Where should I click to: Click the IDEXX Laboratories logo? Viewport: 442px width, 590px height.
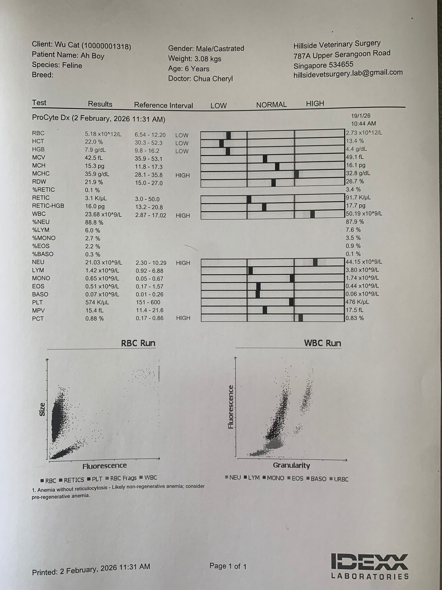[370, 566]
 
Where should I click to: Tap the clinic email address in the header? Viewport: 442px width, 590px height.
[348, 73]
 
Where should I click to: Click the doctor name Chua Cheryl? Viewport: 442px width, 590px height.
[213, 79]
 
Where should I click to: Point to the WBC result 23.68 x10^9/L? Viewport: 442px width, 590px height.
[103, 215]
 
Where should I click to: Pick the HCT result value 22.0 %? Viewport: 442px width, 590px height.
[94, 142]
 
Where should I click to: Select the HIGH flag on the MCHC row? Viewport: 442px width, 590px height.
[182, 175]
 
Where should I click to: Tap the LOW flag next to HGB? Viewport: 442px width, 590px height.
[182, 151]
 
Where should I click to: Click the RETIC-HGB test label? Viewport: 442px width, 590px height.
[48, 206]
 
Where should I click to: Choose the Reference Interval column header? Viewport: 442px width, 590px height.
[163, 105]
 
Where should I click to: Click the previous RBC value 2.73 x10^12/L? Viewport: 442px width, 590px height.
[364, 133]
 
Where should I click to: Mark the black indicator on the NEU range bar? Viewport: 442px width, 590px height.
[315, 262]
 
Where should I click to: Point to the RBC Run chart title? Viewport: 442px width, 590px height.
[138, 343]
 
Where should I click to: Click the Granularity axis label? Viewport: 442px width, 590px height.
[291, 465]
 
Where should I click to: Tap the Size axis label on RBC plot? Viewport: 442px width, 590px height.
[42, 409]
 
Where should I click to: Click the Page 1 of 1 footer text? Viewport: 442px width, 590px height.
[228, 566]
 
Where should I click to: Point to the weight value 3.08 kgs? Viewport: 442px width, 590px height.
[208, 59]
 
